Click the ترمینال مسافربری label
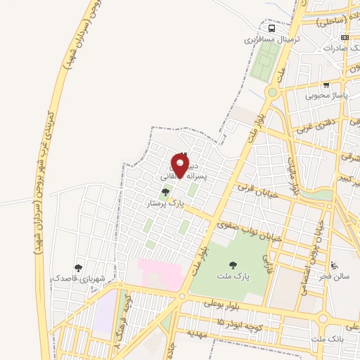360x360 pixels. [x=272, y=40]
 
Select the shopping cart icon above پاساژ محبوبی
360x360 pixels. [x=326, y=84]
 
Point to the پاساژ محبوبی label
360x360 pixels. [x=326, y=95]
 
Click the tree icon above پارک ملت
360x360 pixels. [x=233, y=265]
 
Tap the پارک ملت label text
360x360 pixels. [x=233, y=276]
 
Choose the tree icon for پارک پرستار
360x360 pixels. [x=165, y=191]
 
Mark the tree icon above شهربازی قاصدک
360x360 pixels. [x=78, y=268]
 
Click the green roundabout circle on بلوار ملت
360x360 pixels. [x=272, y=92]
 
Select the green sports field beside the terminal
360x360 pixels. [x=262, y=64]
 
